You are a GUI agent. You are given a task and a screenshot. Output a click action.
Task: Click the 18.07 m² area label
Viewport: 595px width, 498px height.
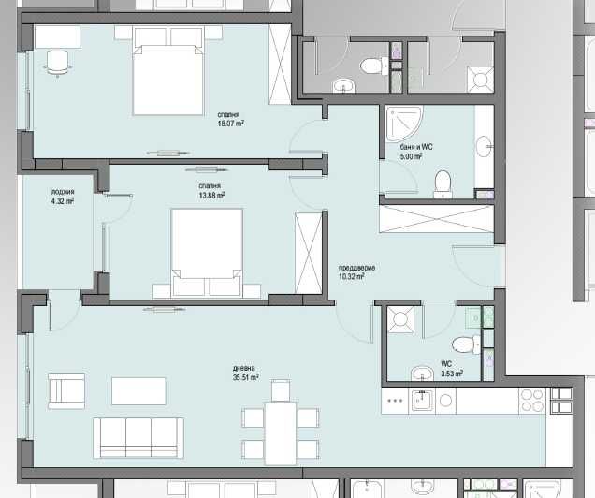pos(231,123)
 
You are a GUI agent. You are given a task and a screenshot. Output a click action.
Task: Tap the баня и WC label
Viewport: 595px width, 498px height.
pos(404,151)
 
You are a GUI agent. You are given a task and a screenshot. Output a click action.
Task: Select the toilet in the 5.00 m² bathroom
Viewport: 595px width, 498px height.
pos(442,180)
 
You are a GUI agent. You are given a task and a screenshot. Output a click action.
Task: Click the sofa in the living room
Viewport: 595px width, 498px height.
pos(138,437)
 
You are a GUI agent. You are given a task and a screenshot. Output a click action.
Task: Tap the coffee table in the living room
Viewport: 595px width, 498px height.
pos(139,389)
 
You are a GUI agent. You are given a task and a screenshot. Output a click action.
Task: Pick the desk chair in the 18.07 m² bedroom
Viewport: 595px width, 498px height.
pos(58,62)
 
